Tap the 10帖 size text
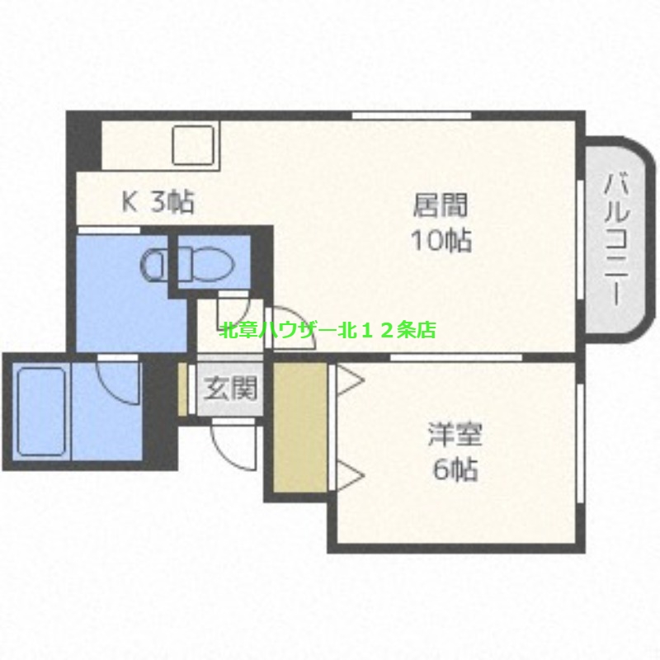pyautogui.click(x=441, y=241)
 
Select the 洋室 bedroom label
pyautogui.click(x=455, y=434)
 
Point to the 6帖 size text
pyautogui.click(x=455, y=470)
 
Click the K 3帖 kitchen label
pyautogui.click(x=158, y=201)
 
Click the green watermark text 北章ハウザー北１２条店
pyautogui.click(x=328, y=331)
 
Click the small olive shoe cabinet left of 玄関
pyautogui.click(x=183, y=387)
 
